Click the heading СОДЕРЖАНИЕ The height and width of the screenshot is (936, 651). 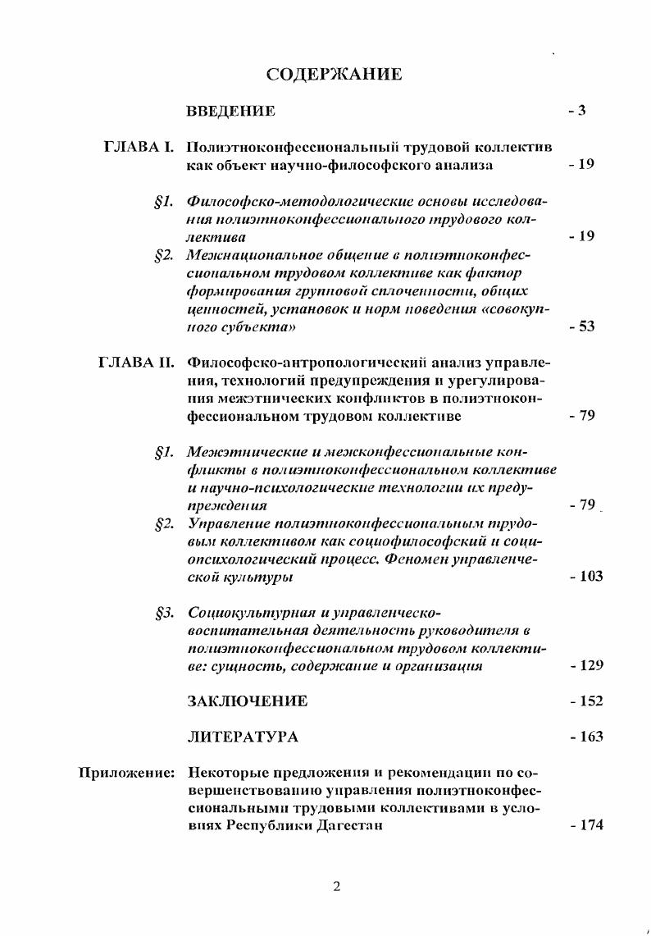pyautogui.click(x=334, y=75)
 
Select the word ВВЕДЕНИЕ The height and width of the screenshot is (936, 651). pyautogui.click(x=231, y=111)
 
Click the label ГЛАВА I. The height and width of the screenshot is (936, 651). pyautogui.click(x=139, y=148)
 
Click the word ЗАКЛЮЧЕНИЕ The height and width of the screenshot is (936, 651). pyautogui.click(x=248, y=701)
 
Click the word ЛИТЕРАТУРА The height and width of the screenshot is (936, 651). pyautogui.click(x=244, y=737)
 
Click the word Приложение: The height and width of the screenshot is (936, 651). pyautogui.click(x=126, y=772)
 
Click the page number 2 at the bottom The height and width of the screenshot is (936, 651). pyautogui.click(x=336, y=885)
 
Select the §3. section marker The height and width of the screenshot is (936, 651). pyautogui.click(x=164, y=613)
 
